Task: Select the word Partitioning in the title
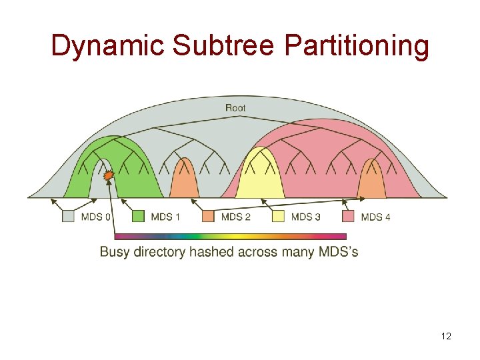click(356, 45)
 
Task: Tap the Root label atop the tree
click(235, 107)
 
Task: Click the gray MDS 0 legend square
click(68, 216)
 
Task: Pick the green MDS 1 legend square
click(138, 216)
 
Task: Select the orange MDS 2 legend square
click(208, 216)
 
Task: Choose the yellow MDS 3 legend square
click(279, 216)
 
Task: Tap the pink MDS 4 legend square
click(348, 216)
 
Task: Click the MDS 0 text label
click(96, 217)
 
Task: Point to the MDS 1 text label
click(166, 217)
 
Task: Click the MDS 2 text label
click(236, 217)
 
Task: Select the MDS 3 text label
click(306, 217)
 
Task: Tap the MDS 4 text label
click(376, 217)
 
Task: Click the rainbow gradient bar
click(231, 236)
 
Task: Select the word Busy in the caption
click(115, 252)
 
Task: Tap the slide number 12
click(446, 336)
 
